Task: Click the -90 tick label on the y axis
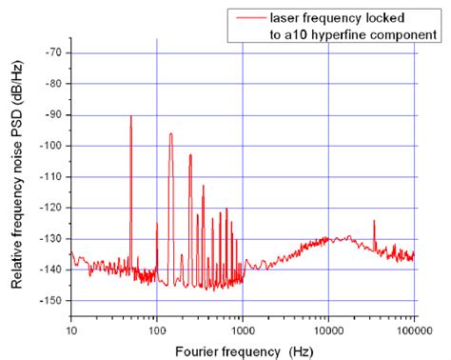[x=53, y=114]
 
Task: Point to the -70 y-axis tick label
[x=53, y=52]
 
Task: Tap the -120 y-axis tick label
[x=51, y=208]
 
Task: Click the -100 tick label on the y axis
[x=51, y=146]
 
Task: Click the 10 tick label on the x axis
[x=71, y=329]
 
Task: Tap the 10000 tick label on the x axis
[x=328, y=329]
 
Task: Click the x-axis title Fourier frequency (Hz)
[x=243, y=350]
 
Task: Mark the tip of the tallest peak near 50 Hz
[x=131, y=116]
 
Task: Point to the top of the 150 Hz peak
[x=171, y=133]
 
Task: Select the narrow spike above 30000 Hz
[x=374, y=221]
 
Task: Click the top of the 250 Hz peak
[x=190, y=154]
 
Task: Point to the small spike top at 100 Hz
[x=157, y=223]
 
